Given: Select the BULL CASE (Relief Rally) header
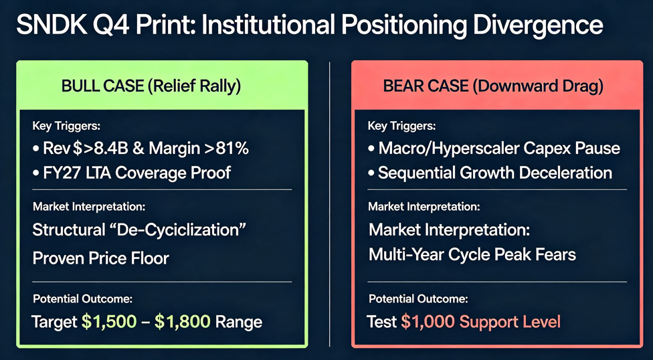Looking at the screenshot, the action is coord(151,86).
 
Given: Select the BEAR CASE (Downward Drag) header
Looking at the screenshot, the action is coord(493,88).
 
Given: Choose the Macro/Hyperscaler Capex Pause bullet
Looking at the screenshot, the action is coord(494,149).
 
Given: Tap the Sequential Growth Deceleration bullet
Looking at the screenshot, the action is coord(490,173).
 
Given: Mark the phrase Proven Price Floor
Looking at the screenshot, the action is coord(101,258).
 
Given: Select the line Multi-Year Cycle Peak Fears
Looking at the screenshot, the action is coord(472,254).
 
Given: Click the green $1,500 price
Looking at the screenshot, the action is coord(109,322).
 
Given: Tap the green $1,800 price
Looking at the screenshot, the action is coord(183,322).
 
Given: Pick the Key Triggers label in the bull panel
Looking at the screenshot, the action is coord(66,125).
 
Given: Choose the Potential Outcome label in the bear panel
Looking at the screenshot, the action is coord(417,298).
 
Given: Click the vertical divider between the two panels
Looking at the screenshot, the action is coord(329,204).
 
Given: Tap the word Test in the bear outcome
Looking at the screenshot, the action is coord(381,322).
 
